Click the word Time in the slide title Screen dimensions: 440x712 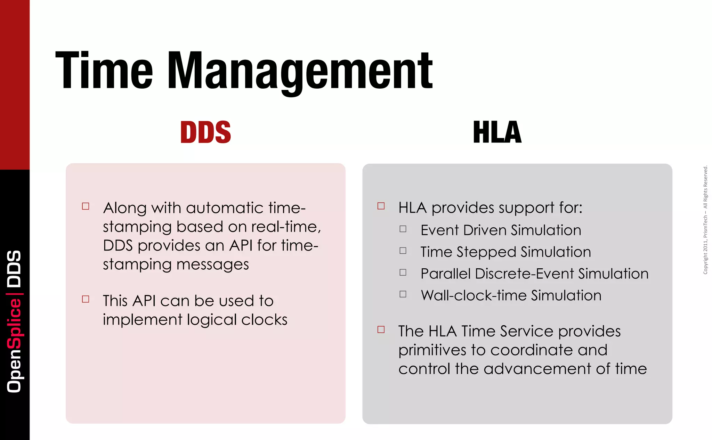coord(104,71)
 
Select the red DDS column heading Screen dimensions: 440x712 coord(205,132)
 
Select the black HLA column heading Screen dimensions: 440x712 coord(497,132)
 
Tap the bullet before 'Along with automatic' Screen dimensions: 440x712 coord(86,206)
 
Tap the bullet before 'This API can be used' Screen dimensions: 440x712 coord(86,299)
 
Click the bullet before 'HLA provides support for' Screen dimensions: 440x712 coord(381,206)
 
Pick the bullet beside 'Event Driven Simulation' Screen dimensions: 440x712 coord(403,229)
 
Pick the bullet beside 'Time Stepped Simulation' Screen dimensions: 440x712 coord(403,251)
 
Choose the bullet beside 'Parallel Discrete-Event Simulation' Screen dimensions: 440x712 coord(403,272)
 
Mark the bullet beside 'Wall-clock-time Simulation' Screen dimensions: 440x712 coord(403,294)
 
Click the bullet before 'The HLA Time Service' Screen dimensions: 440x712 coord(381,329)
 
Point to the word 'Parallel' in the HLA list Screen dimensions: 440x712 coord(445,274)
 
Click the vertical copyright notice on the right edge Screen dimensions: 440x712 coord(705,220)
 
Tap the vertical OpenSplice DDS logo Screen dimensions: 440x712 coord(15,321)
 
